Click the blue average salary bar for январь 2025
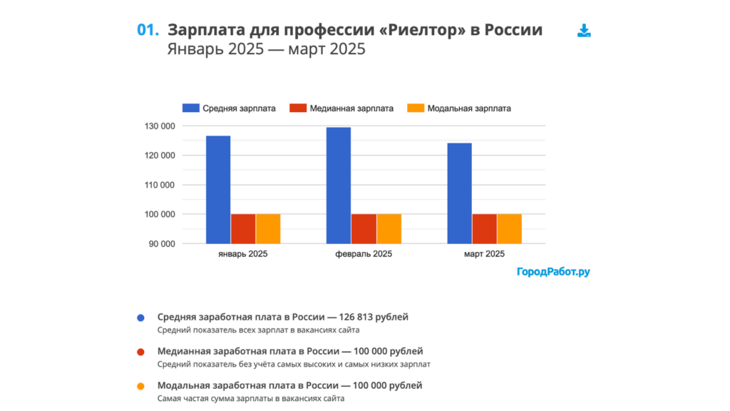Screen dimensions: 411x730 pyautogui.click(x=218, y=189)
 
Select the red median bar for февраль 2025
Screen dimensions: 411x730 pyautogui.click(x=363, y=228)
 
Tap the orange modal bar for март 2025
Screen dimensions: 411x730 pyautogui.click(x=509, y=228)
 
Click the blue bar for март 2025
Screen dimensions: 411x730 pyautogui.click(x=459, y=193)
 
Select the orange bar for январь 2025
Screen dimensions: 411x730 pyautogui.click(x=268, y=228)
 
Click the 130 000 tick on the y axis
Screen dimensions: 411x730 pyautogui.click(x=160, y=126)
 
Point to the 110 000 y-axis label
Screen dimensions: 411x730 pyautogui.click(x=160, y=185)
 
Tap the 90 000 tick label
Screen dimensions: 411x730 pyautogui.click(x=163, y=244)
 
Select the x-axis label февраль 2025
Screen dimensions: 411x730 pyautogui.click(x=363, y=255)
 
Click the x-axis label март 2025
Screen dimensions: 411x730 pyautogui.click(x=484, y=255)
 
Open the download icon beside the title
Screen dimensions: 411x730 pyautogui.click(x=584, y=31)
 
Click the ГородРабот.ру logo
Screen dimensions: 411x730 pyautogui.click(x=554, y=272)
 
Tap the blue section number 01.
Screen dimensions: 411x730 pyautogui.click(x=147, y=30)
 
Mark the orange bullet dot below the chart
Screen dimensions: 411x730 pyautogui.click(x=140, y=386)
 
